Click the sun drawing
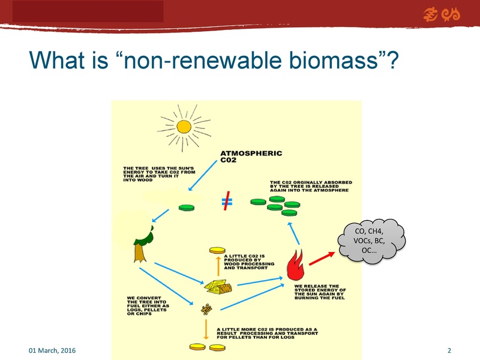coord(182,125)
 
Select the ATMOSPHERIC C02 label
coord(251,157)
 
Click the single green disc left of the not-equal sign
coord(187,208)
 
